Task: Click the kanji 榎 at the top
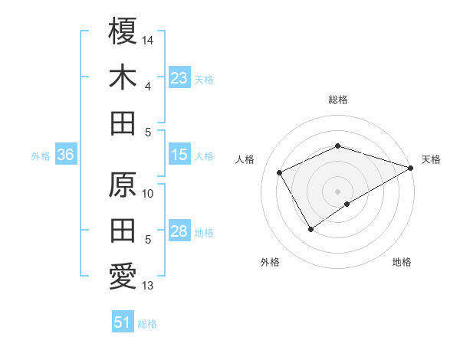[x=123, y=32]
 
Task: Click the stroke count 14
[x=149, y=38]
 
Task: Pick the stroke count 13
[x=148, y=286]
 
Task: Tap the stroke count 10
[x=149, y=193]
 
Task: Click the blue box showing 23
[x=179, y=77]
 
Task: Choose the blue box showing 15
[x=179, y=155]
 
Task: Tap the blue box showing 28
[x=179, y=231]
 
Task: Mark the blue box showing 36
[x=66, y=155]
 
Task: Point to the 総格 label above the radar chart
[x=337, y=100]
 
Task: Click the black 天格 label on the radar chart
[x=431, y=159]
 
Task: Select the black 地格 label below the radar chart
[x=402, y=263]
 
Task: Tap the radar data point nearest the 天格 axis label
[x=412, y=168]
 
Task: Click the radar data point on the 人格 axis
[x=280, y=172]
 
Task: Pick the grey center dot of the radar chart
[x=337, y=191]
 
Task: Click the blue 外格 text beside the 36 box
[x=41, y=155]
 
